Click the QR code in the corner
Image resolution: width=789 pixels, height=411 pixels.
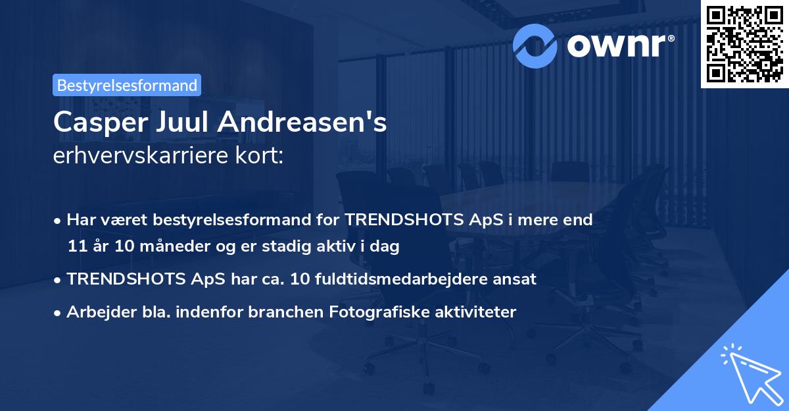tap(744, 43)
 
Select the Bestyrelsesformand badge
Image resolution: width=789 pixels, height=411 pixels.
tap(127, 85)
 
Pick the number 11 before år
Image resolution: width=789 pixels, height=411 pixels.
tap(76, 247)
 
